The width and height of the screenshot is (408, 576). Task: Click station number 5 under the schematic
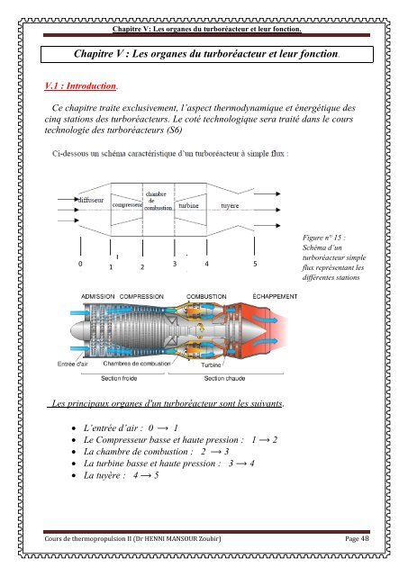pos(255,265)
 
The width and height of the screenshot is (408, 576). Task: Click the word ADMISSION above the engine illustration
pos(98,295)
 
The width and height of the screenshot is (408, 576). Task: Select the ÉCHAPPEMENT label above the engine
pos(275,295)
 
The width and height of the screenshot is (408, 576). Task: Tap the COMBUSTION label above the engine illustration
pos(206,295)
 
